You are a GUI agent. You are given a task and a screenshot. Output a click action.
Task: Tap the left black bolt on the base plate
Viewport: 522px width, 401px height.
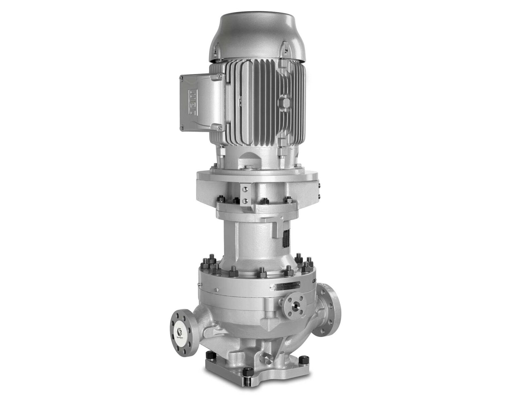pos(210,356)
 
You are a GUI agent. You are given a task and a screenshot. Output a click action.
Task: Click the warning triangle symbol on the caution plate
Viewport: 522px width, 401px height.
pos(273,288)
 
